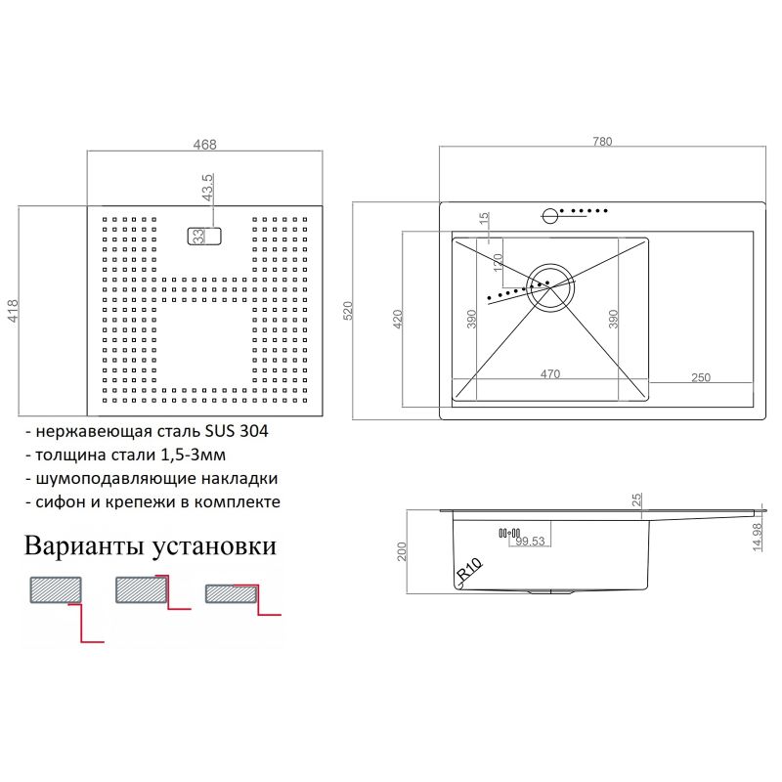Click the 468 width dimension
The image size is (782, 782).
click(x=204, y=145)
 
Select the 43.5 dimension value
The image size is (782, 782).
click(x=207, y=188)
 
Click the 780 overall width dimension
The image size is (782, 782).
click(x=601, y=142)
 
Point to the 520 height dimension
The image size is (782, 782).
click(x=347, y=310)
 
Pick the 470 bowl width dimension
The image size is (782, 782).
click(x=549, y=374)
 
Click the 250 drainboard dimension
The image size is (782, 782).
click(x=700, y=377)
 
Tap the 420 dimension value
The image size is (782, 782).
click(x=398, y=320)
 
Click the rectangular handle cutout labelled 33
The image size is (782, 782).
click(x=205, y=236)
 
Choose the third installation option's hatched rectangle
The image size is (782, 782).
click(x=231, y=593)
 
